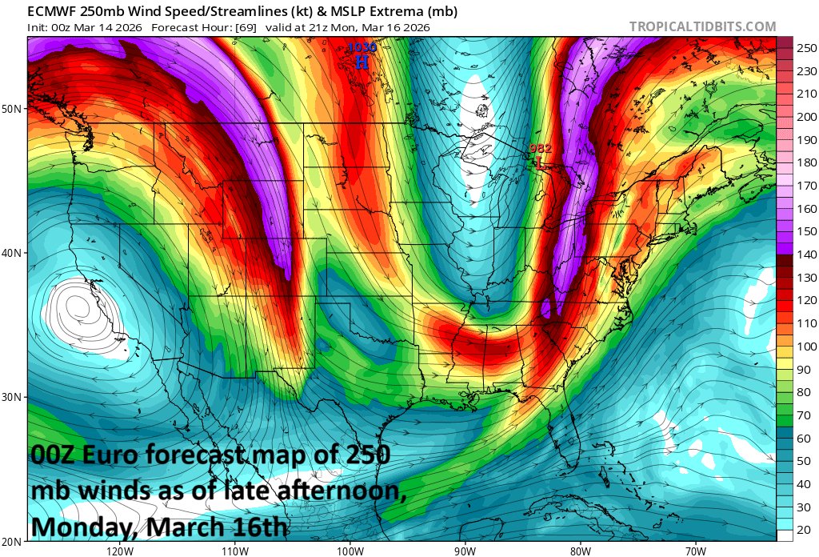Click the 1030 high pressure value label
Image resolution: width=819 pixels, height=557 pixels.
click(361, 48)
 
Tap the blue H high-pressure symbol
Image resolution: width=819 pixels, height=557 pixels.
click(362, 62)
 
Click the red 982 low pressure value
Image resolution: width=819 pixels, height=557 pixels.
click(541, 149)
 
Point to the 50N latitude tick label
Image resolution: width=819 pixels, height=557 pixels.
click(14, 108)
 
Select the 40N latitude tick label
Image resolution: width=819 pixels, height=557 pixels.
click(14, 253)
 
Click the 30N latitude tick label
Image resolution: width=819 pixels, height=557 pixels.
click(14, 397)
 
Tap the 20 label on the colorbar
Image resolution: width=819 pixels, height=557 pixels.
click(802, 530)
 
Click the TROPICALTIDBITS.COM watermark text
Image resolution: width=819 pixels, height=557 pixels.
click(702, 26)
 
